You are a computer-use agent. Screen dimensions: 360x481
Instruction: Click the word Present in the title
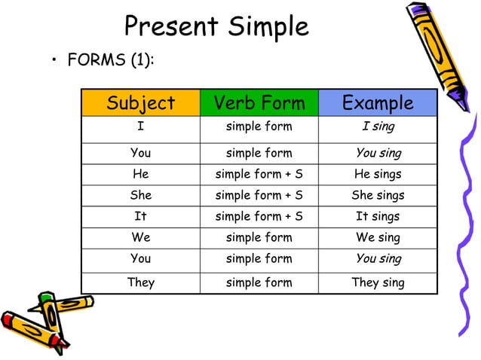[x=170, y=27]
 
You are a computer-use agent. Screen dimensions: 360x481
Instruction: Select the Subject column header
[x=140, y=103]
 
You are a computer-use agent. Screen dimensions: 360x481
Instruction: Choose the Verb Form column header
[x=259, y=103]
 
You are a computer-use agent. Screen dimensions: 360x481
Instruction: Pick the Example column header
[x=378, y=103]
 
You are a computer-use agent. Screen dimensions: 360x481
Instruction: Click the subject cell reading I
[x=140, y=127]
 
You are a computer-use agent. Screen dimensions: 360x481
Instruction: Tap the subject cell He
[x=140, y=174]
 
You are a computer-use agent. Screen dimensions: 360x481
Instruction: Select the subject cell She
[x=140, y=195]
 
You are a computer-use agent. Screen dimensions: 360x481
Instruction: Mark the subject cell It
[x=140, y=216]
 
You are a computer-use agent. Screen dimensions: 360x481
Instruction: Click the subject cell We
[x=140, y=237]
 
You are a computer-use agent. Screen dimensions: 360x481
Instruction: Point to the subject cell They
[x=140, y=282]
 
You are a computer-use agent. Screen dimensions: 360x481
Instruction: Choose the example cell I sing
[x=378, y=127]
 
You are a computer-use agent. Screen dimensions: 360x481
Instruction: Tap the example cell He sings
[x=378, y=174]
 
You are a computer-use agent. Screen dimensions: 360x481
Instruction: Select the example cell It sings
[x=378, y=216]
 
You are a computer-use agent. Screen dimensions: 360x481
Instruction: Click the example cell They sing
[x=378, y=282]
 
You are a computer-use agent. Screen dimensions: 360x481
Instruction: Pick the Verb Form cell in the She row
[x=259, y=195]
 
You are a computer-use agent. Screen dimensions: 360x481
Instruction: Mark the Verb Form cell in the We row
[x=259, y=237]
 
